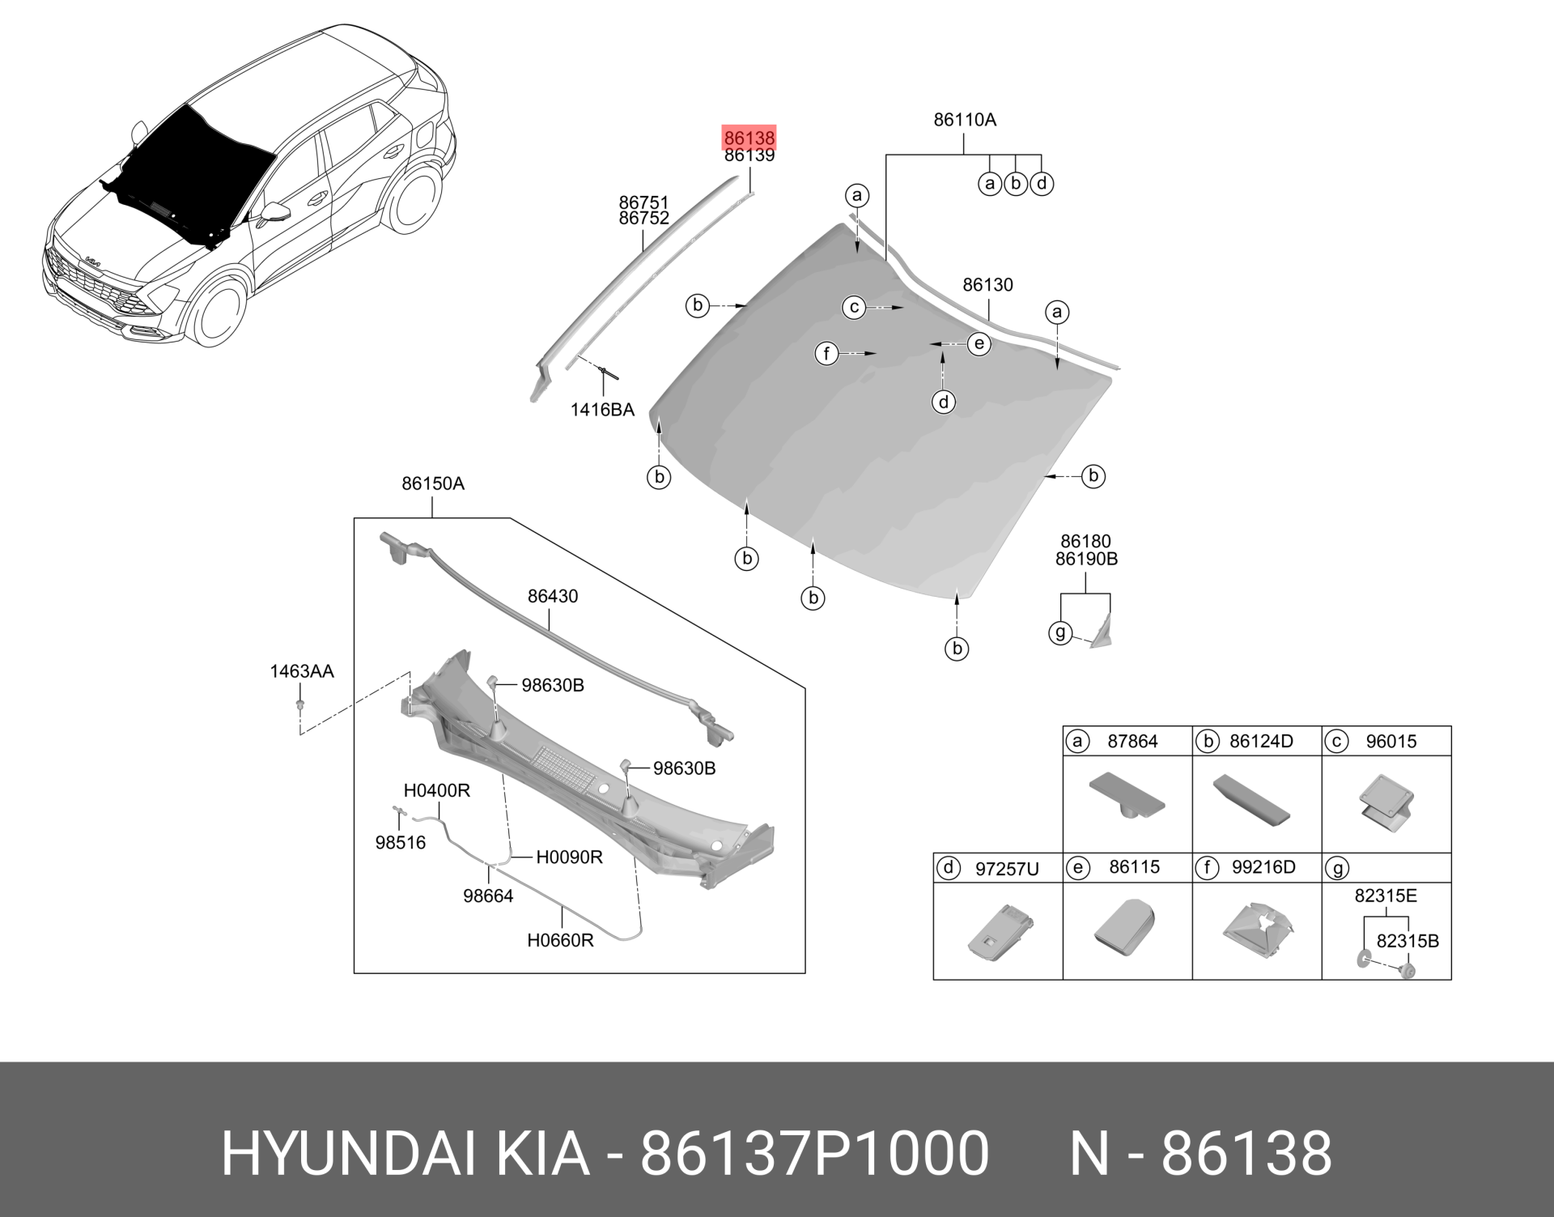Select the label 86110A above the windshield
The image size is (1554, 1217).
tap(964, 120)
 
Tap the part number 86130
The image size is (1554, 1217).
tap(987, 285)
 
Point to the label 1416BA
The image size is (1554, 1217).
tap(602, 410)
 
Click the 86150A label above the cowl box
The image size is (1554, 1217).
tap(433, 484)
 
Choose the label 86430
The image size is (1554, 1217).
tap(553, 597)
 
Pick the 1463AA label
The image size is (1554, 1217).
tap(301, 671)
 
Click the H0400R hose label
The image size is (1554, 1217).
tap(437, 790)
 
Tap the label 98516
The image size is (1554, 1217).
tap(400, 843)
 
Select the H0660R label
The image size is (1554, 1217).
tap(560, 941)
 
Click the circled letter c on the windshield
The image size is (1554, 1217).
tap(854, 308)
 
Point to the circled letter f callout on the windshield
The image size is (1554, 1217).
tap(826, 354)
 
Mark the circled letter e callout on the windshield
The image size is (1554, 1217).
tap(979, 344)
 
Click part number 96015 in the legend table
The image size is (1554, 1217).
tap(1391, 742)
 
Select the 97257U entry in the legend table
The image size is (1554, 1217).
tap(1007, 870)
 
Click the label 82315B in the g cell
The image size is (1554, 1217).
tap(1408, 942)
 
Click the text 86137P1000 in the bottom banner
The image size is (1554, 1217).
tap(814, 1153)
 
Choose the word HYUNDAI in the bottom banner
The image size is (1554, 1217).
tap(349, 1153)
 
